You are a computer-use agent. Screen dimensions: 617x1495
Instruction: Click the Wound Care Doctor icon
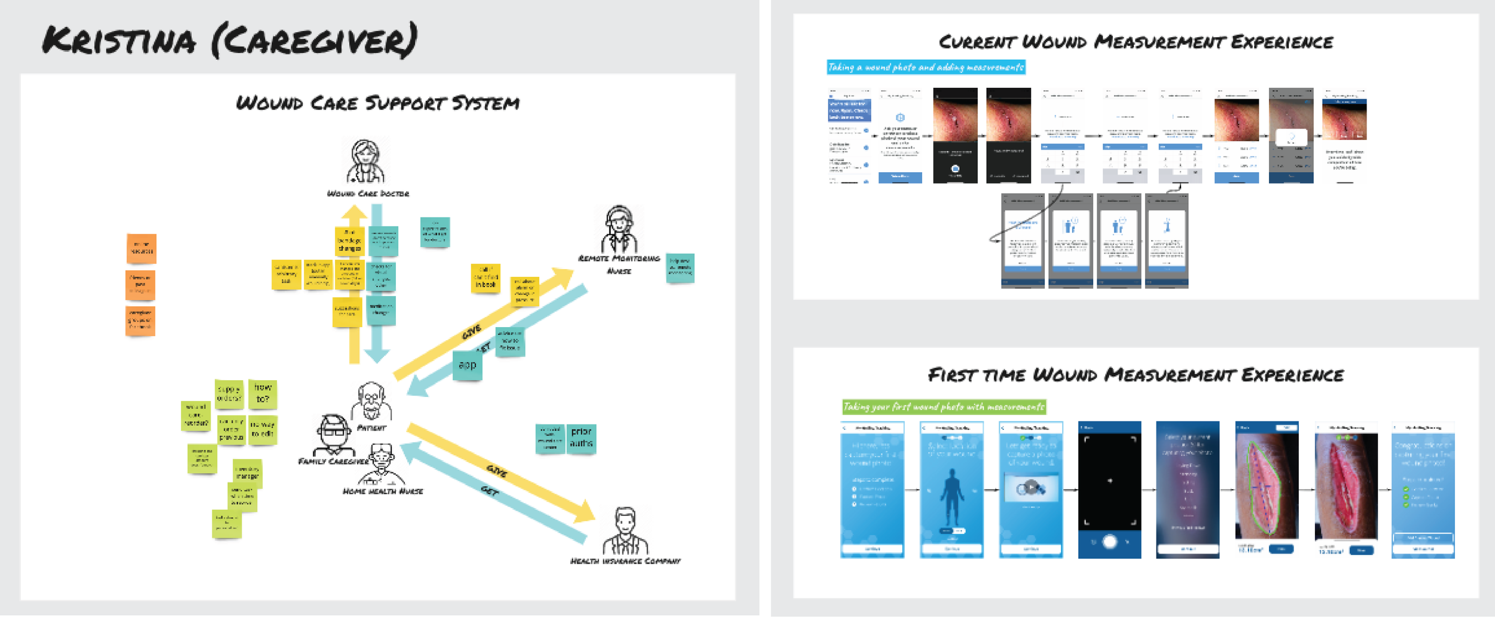(365, 161)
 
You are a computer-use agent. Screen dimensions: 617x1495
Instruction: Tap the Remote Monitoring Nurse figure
(619, 230)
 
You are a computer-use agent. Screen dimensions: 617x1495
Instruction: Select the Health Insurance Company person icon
(625, 532)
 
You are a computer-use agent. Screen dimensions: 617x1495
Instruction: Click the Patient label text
(371, 428)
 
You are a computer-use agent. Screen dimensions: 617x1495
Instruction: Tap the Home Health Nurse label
(383, 491)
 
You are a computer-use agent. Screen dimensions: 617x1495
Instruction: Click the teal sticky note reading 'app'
(467, 365)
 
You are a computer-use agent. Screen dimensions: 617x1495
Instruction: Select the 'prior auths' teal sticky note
(581, 438)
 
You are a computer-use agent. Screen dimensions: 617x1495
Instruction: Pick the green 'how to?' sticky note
(263, 394)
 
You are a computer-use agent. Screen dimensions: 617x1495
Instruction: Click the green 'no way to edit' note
(263, 430)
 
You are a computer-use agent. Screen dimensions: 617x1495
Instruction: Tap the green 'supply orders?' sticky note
(229, 394)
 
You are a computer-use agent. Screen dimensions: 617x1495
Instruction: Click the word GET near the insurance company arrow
(490, 491)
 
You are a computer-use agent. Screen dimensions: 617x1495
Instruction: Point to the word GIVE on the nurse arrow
(471, 332)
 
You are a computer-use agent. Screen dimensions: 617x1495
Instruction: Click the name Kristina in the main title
(119, 41)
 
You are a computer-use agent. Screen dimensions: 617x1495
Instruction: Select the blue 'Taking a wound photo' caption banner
(926, 68)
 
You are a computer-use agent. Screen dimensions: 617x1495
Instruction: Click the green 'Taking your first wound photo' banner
(944, 407)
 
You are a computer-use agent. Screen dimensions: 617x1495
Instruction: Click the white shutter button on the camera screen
(1109, 542)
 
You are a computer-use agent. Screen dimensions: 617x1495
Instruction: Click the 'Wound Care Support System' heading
(377, 103)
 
